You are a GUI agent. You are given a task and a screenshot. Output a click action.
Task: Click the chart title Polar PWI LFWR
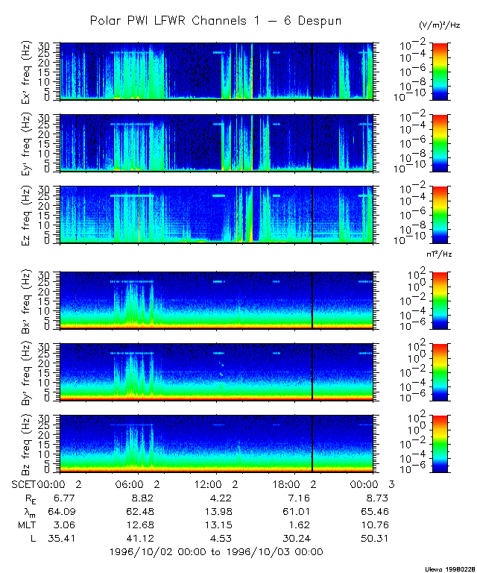point(215,21)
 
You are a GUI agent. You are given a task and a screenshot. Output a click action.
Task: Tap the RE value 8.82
point(141,497)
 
